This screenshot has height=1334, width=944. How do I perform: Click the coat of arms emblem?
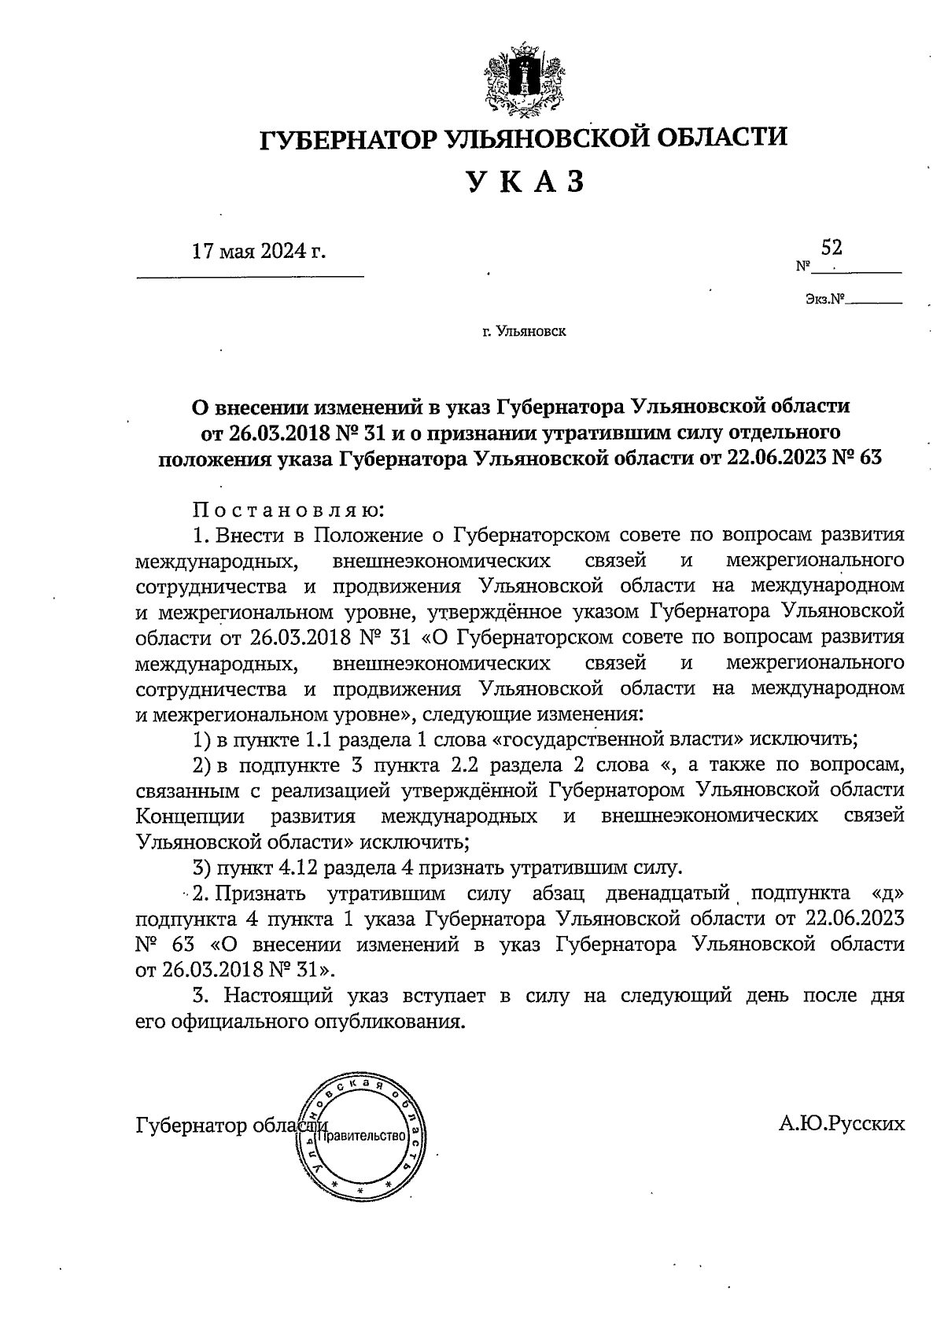[523, 80]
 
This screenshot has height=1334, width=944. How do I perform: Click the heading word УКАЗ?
[526, 182]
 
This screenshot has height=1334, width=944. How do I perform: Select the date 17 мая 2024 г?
[259, 252]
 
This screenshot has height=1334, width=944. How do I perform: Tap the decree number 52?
[832, 248]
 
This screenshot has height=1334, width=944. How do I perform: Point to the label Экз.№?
[824, 299]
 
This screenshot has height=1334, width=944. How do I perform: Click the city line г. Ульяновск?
[524, 331]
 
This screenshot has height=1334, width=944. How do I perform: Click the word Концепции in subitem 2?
[190, 816]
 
